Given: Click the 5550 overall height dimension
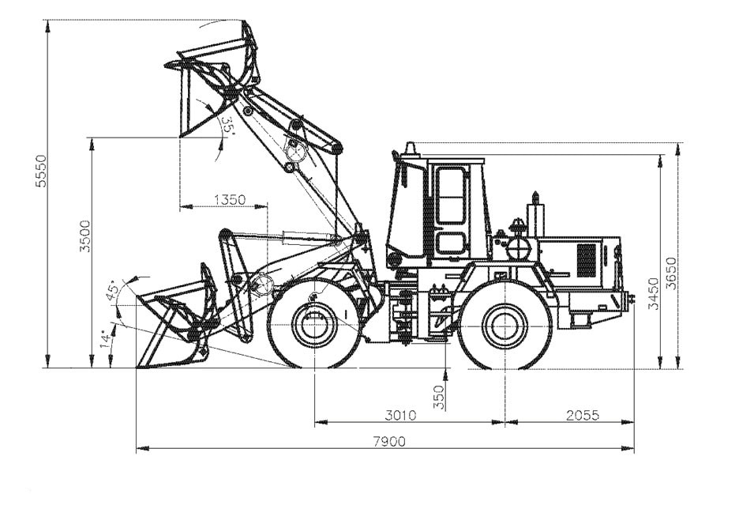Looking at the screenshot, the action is click(x=42, y=171).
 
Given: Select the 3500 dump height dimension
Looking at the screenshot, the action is click(x=85, y=236).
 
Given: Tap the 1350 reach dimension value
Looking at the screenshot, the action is click(x=230, y=199).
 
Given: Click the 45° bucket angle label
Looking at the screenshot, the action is click(x=113, y=291).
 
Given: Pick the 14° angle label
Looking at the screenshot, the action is click(x=105, y=338).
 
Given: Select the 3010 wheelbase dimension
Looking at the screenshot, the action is click(x=400, y=415).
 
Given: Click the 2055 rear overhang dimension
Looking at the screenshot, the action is click(x=583, y=415).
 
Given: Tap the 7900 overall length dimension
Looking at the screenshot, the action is click(x=389, y=441).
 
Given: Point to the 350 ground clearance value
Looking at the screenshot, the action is click(x=438, y=397).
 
